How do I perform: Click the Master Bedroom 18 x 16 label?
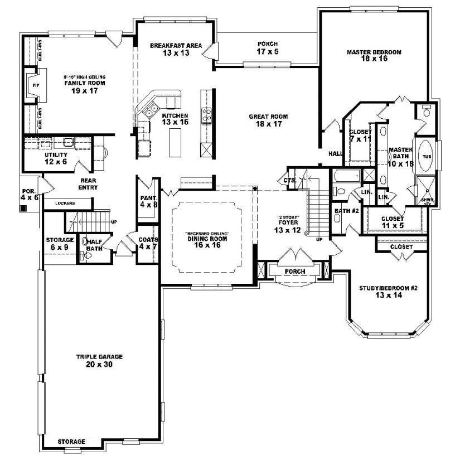pyautogui.click(x=374, y=55)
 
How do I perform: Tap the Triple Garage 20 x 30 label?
pyautogui.click(x=100, y=360)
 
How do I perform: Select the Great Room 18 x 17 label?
pyautogui.click(x=268, y=120)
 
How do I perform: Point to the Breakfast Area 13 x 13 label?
pyautogui.click(x=176, y=49)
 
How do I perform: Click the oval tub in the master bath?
pyautogui.click(x=427, y=157)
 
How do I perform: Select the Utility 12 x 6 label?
pyautogui.click(x=56, y=158)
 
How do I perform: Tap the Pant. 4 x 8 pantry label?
pyautogui.click(x=148, y=201)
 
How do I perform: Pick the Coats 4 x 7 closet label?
pyautogui.click(x=148, y=243)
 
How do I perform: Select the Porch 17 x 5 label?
pyautogui.click(x=268, y=47)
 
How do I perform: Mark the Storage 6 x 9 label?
pyautogui.click(x=60, y=243)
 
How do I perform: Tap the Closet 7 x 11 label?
pyautogui.click(x=360, y=135)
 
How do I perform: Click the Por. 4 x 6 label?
pyautogui.click(x=28, y=194)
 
